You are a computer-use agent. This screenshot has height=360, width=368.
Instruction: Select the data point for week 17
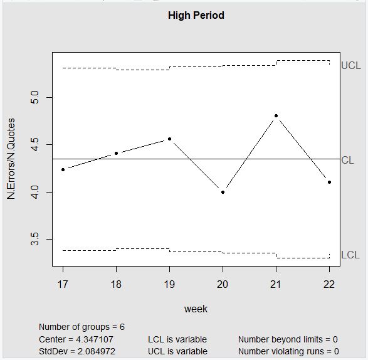tap(63, 169)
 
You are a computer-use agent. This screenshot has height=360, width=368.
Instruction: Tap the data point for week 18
tap(116, 153)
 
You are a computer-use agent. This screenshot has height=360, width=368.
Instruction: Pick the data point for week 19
tap(169, 139)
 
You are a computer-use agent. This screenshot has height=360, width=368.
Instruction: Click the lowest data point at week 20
tap(223, 192)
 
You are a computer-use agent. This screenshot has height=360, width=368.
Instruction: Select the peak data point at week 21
tap(276, 115)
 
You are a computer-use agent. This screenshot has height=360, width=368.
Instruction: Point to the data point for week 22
tap(329, 182)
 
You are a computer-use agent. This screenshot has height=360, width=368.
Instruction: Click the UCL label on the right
tap(350, 65)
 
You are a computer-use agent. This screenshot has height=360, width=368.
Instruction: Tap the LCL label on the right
tap(350, 255)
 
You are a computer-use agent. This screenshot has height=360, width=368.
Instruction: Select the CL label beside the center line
tap(347, 160)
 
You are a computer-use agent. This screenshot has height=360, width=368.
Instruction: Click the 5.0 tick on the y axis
tap(36, 97)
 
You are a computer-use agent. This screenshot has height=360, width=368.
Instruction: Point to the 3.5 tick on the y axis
tap(36, 239)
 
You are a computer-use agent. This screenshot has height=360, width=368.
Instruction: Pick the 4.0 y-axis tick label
tap(36, 191)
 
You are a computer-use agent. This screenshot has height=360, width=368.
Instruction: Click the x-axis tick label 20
tap(223, 284)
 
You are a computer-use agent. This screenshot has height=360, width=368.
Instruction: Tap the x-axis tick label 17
tap(63, 284)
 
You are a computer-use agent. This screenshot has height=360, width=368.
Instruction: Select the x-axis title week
tap(196, 309)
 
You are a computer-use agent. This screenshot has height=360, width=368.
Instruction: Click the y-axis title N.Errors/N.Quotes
tap(11, 159)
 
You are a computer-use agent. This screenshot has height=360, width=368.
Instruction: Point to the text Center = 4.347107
tap(76, 339)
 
